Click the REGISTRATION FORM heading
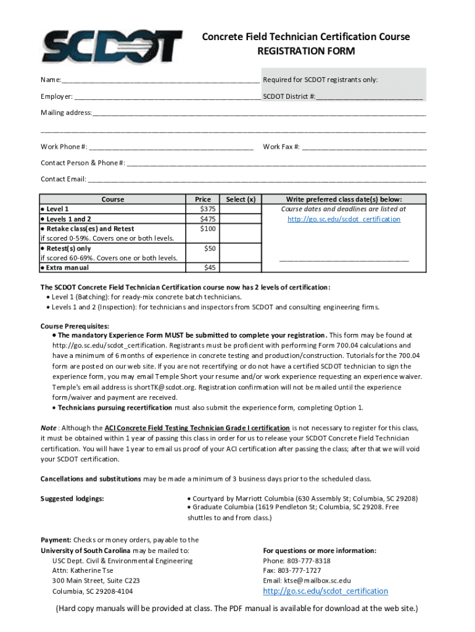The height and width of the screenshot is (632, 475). pyautogui.click(x=306, y=51)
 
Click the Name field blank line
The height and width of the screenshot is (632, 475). pyautogui.click(x=160, y=80)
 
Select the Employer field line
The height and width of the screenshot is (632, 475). pyautogui.click(x=167, y=97)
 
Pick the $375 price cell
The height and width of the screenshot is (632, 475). pyautogui.click(x=203, y=209)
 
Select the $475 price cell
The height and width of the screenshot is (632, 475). pyautogui.click(x=203, y=219)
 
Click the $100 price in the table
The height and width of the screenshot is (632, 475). pyautogui.click(x=203, y=229)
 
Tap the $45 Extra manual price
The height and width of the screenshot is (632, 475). pyautogui.click(x=203, y=268)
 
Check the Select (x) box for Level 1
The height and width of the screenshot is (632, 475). pyautogui.click(x=241, y=209)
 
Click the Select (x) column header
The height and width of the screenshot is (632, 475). pyautogui.click(x=241, y=199)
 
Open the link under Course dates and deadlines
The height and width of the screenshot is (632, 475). pyautogui.click(x=344, y=219)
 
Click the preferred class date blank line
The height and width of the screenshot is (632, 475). pyautogui.click(x=344, y=260)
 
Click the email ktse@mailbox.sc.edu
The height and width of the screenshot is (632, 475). pyautogui.click(x=317, y=581)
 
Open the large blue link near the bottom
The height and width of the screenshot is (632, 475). pyautogui.click(x=325, y=591)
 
